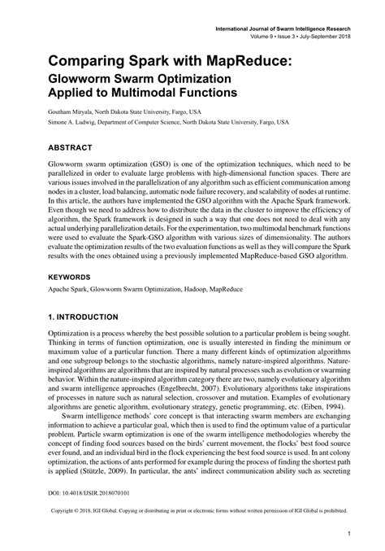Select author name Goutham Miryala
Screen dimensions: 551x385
coord(75,112)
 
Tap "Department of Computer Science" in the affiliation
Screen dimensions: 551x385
coord(155,125)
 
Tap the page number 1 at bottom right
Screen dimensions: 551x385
coord(348,534)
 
